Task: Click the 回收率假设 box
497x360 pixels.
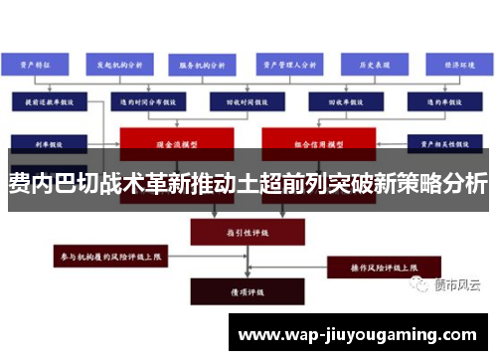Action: click(338, 101)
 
